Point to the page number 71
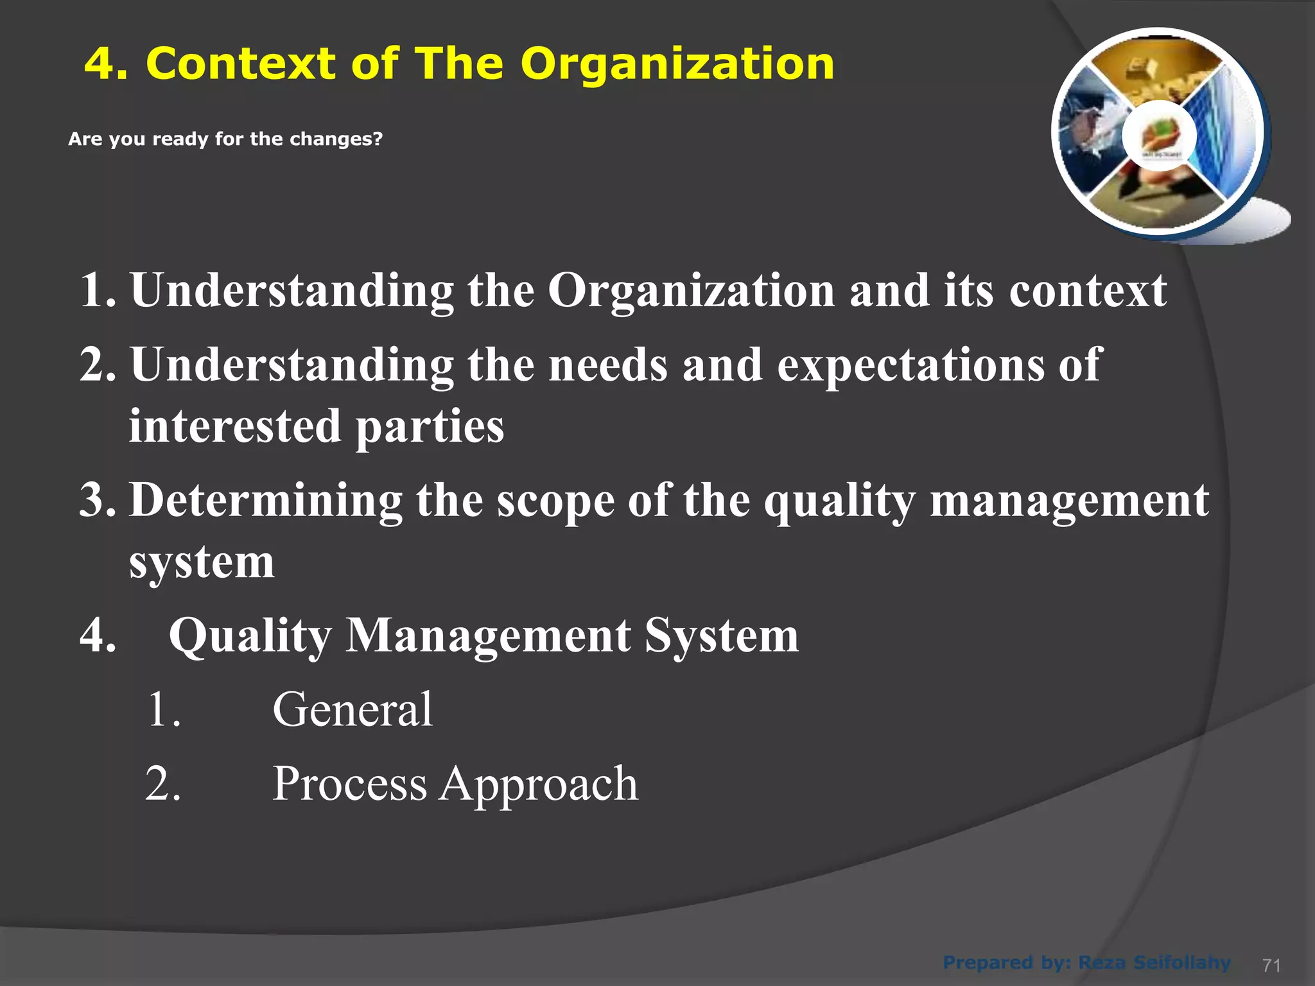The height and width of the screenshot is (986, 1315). tap(1271, 965)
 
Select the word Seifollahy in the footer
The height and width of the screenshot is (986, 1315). tap(1182, 963)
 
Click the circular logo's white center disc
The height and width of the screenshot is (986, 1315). tap(1159, 136)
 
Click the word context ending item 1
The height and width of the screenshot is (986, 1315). tap(1088, 291)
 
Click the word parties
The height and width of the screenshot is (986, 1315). tap(430, 427)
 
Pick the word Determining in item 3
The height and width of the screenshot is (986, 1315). tap(266, 501)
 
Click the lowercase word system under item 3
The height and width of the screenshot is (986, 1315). tap(202, 563)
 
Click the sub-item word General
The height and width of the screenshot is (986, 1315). tap(353, 710)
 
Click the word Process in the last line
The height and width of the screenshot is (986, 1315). tap(349, 784)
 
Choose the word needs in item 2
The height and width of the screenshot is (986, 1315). tap(607, 365)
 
